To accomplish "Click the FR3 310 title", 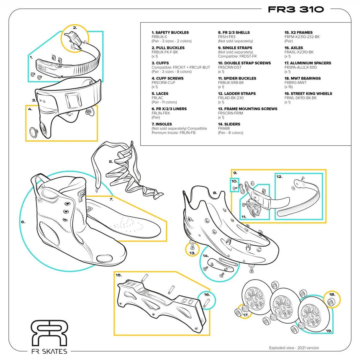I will (x=296, y=10).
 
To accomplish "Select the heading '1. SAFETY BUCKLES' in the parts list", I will (x=170, y=32).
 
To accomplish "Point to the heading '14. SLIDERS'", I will (x=229, y=124).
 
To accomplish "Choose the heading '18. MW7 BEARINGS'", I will (x=302, y=78).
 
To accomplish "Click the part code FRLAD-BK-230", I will (x=231, y=98).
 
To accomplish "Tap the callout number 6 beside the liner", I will (x=23, y=221).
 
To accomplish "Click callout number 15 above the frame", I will (x=118, y=275).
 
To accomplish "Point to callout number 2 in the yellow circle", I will (x=75, y=28).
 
